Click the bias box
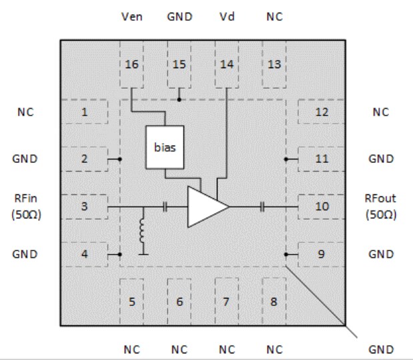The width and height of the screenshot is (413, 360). point(164,147)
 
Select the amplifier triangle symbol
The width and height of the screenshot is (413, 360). point(205,206)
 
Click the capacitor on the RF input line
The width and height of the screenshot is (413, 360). point(164,207)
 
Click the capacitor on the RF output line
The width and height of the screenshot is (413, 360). point(264,207)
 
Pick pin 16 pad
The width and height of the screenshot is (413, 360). point(131,65)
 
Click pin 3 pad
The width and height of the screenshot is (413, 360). point(85,206)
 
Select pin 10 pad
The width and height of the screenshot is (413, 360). point(322,206)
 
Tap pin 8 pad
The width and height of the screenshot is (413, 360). point(274,301)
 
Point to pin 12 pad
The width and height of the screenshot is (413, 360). point(322,112)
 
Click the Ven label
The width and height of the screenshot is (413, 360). point(131,17)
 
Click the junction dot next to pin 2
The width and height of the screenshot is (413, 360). point(119,159)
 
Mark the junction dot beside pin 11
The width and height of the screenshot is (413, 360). point(286,159)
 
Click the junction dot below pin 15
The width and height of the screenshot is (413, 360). point(179,100)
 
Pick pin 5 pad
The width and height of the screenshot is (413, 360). point(131,301)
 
